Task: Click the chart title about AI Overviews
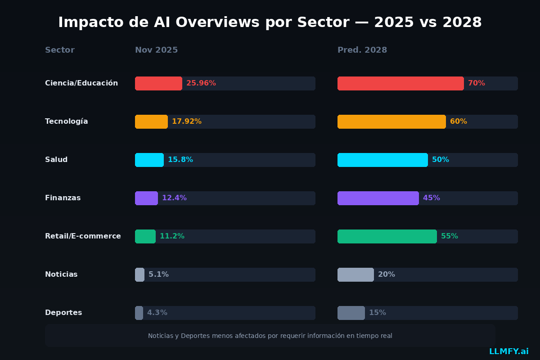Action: pyautogui.click(x=270, y=22)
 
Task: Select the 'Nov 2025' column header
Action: pyautogui.click(x=156, y=50)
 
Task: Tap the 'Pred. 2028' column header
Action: pyautogui.click(x=362, y=50)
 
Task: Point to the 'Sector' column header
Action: pyautogui.click(x=60, y=50)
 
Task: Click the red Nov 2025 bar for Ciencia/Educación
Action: pyautogui.click(x=158, y=83)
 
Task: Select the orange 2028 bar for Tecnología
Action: pyautogui.click(x=391, y=121)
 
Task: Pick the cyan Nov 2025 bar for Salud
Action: pyautogui.click(x=149, y=160)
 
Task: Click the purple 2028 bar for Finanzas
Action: pyautogui.click(x=378, y=198)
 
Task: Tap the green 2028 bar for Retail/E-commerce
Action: pyautogui.click(x=387, y=236)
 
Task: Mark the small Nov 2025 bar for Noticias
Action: pyautogui.click(x=139, y=274)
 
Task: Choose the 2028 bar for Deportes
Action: pyautogui.click(x=351, y=313)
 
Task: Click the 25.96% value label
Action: pyautogui.click(x=201, y=83)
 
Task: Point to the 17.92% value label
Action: pyautogui.click(x=187, y=121)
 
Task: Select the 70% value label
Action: pyautogui.click(x=477, y=83)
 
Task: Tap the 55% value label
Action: pyautogui.click(x=450, y=236)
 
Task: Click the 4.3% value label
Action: pyautogui.click(x=157, y=313)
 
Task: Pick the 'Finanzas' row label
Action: pyautogui.click(x=63, y=198)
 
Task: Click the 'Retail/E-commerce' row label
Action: pyautogui.click(x=83, y=236)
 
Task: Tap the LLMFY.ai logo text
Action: pyautogui.click(x=509, y=351)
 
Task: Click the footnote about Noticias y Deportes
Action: pyautogui.click(x=270, y=336)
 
